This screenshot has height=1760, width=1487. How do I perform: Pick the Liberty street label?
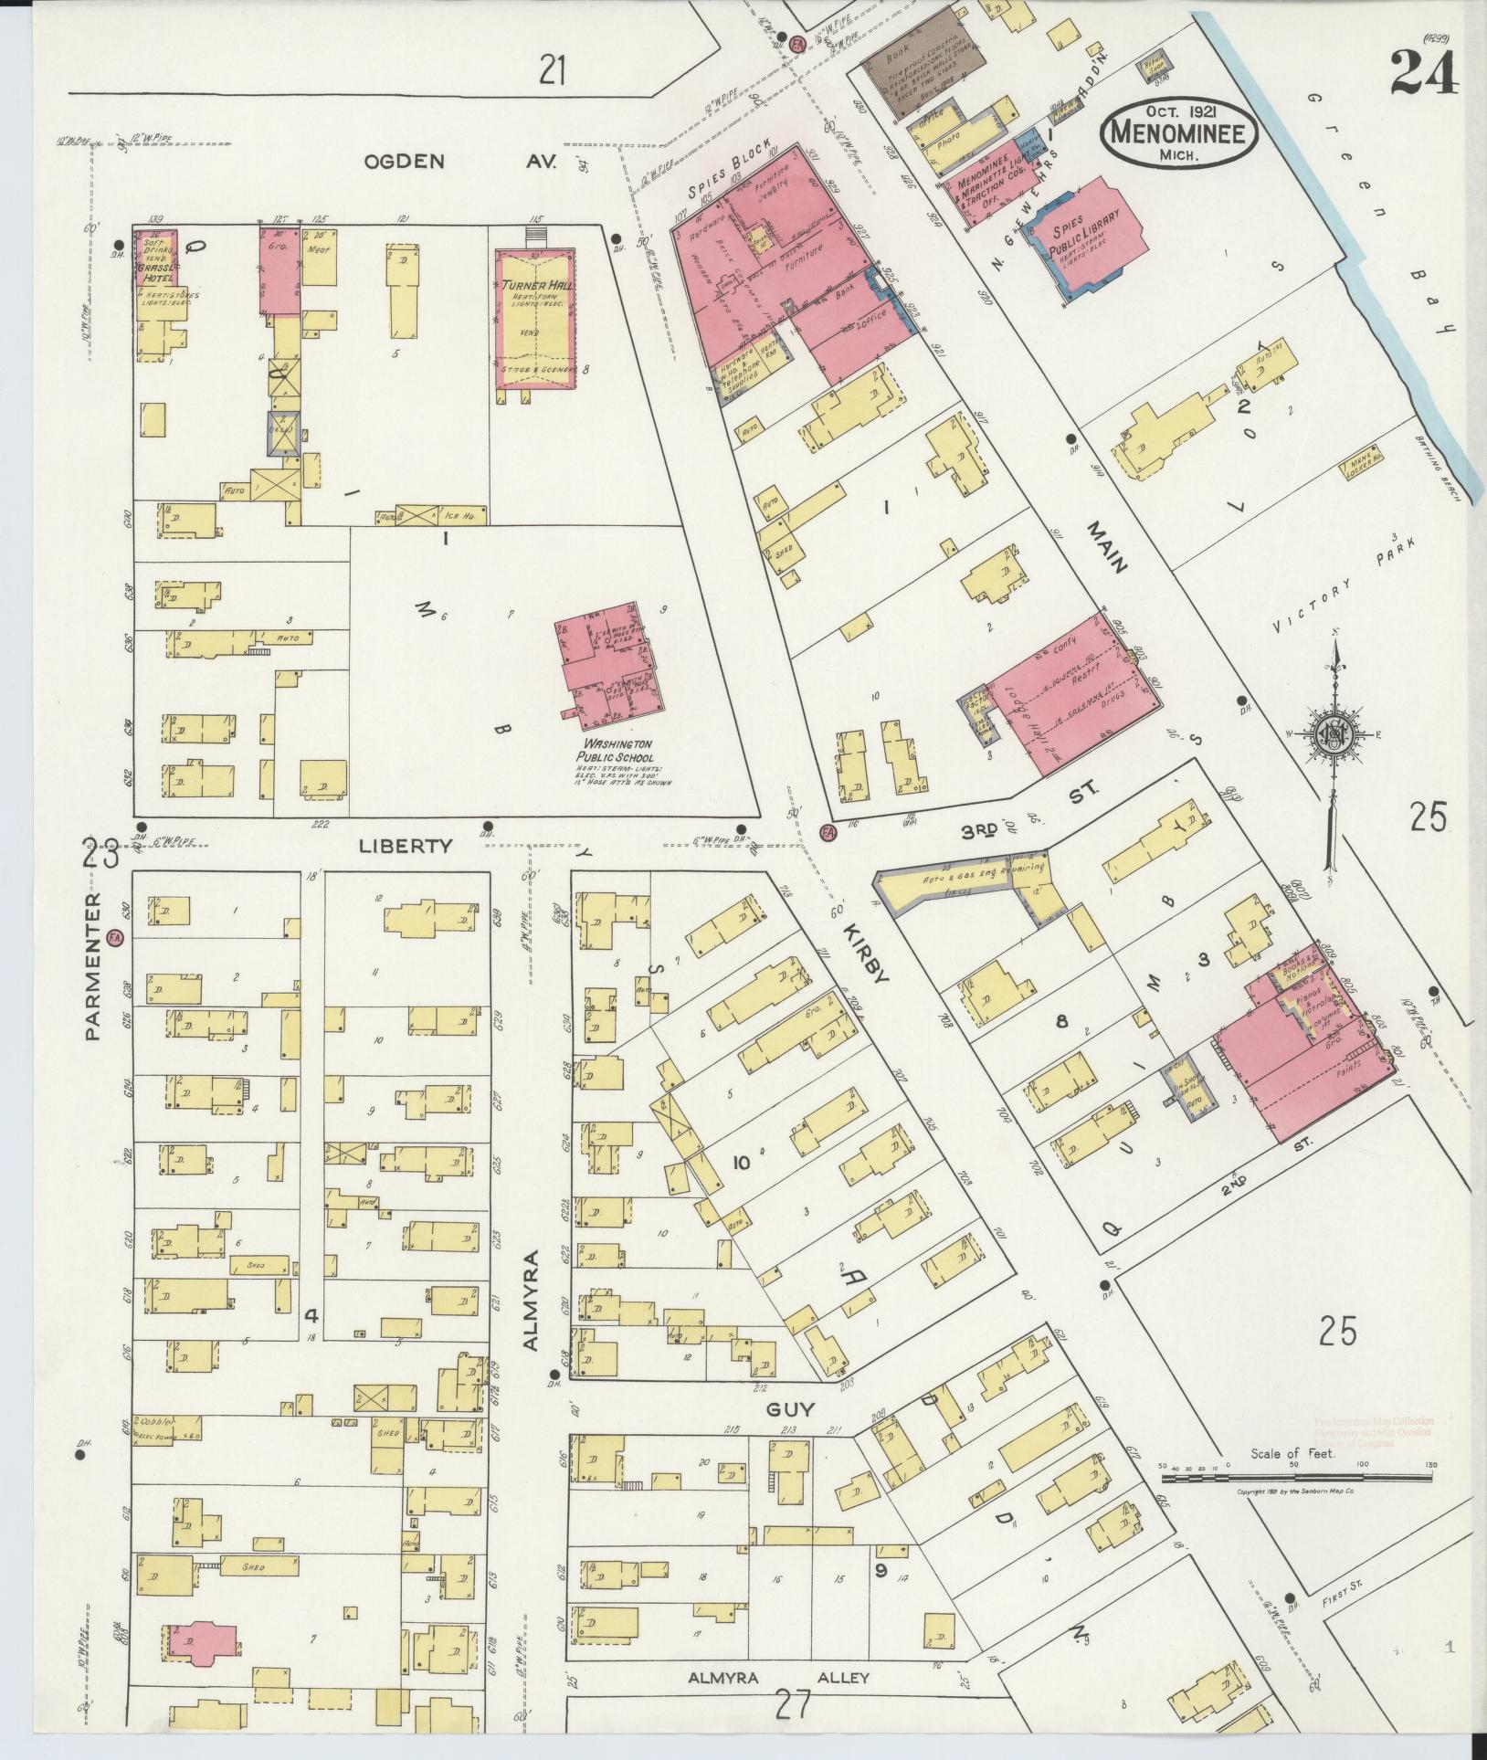point(406,846)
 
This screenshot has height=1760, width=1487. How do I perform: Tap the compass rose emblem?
point(1334,732)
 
